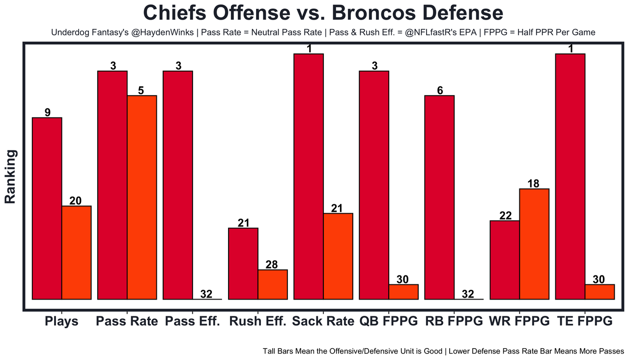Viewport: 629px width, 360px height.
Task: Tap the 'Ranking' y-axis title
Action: point(11,177)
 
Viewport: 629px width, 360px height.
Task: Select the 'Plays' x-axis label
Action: point(61,322)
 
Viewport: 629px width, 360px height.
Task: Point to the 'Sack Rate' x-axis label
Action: point(323,322)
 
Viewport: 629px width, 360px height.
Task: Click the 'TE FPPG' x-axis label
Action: point(585,322)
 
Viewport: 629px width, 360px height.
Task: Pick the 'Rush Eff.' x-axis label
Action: point(257,322)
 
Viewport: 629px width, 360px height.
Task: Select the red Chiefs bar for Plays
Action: point(47,208)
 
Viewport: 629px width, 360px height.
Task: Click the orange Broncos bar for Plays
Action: point(76,252)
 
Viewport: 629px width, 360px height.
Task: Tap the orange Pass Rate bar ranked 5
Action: point(142,197)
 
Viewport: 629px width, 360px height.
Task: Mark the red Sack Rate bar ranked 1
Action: point(309,176)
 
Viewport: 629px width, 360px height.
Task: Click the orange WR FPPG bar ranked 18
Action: point(534,244)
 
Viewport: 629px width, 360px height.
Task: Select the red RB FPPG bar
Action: point(439,197)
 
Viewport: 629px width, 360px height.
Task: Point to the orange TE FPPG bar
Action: point(600,292)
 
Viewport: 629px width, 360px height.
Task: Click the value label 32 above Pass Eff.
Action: point(206,294)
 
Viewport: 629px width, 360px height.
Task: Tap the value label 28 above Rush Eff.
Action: point(272,265)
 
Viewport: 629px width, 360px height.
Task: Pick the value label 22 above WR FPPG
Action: point(505,216)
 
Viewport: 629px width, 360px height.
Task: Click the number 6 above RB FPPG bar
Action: point(440,90)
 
